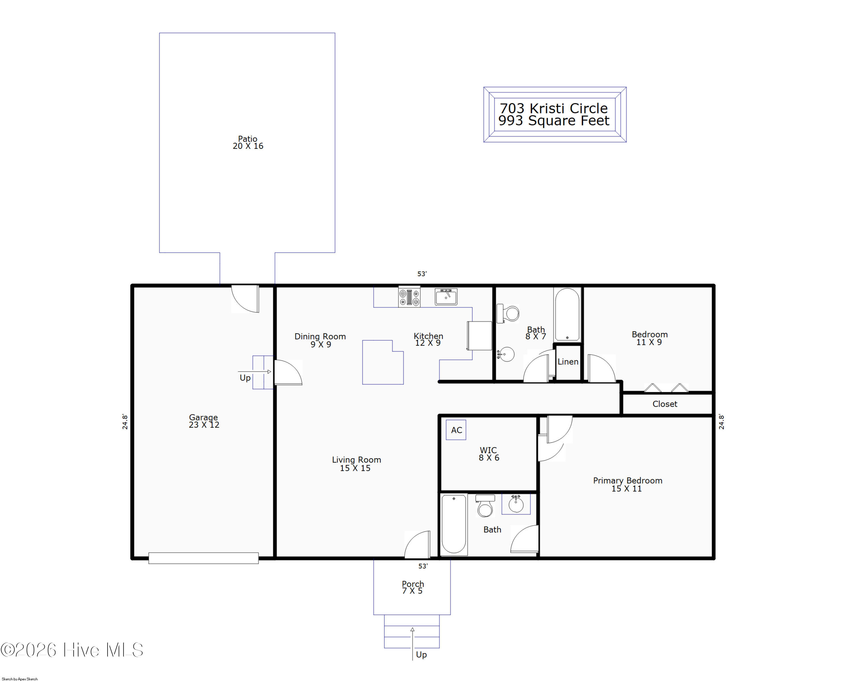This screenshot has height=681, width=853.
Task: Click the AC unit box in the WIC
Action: [456, 430]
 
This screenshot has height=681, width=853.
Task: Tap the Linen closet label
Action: [568, 361]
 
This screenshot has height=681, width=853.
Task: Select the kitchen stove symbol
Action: [409, 297]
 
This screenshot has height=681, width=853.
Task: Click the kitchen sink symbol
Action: [446, 297]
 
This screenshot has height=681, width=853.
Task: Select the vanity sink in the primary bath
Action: [516, 504]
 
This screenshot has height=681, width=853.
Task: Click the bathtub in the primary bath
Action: [454, 524]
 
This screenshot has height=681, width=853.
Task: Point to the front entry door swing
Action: [417, 544]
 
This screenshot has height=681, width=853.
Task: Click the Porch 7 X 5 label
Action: [413, 587]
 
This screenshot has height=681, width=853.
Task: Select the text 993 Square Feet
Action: [554, 120]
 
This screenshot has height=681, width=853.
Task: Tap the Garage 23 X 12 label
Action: [204, 421]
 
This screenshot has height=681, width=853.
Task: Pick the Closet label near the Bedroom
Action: [665, 404]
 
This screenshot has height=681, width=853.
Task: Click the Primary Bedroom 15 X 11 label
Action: [628, 484]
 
